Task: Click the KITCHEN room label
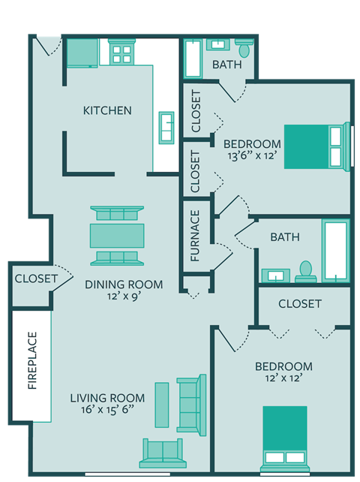(107, 110)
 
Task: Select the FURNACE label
(195, 235)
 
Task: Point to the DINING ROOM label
(124, 285)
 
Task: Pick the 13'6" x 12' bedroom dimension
(252, 157)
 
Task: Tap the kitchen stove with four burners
(121, 52)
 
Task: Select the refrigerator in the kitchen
(82, 53)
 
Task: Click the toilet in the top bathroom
(244, 50)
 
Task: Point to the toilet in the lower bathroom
(305, 270)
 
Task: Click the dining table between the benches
(117, 235)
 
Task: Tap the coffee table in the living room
(161, 405)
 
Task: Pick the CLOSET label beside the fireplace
(35, 279)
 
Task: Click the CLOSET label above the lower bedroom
(300, 304)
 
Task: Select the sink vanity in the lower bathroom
(276, 275)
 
